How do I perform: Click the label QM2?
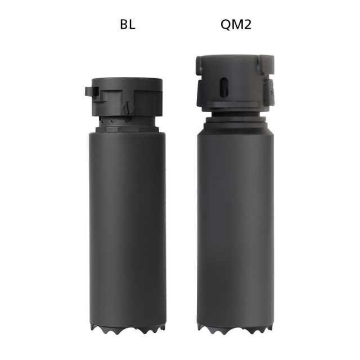click(x=235, y=25)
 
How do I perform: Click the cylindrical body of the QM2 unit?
click(x=235, y=225)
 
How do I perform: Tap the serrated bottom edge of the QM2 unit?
click(x=235, y=328)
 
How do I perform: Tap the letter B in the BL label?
click(x=122, y=25)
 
